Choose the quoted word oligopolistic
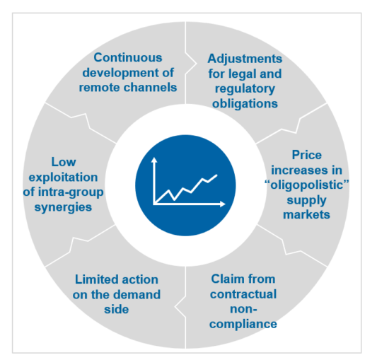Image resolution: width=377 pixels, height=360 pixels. (301, 184)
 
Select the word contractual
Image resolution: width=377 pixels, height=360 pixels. (243, 294)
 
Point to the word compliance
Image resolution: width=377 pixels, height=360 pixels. (243, 325)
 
